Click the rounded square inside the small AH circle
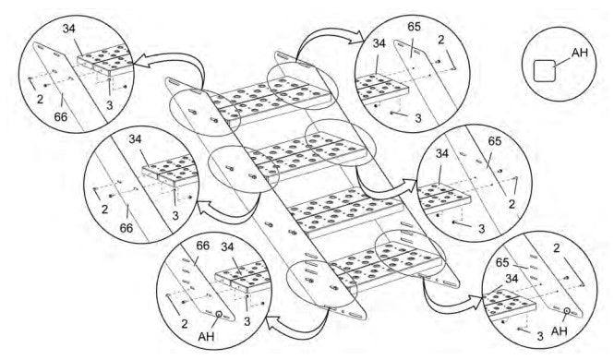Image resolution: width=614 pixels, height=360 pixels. click(545, 71)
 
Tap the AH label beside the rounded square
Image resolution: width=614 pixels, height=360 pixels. click(580, 52)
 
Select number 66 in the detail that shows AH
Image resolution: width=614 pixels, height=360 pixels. click(202, 246)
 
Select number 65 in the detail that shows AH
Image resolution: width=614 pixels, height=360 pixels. click(502, 262)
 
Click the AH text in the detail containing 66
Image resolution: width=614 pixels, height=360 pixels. click(207, 336)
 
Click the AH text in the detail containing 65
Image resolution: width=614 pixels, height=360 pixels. click(560, 331)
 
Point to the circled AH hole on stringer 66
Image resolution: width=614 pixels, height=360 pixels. click(219, 314)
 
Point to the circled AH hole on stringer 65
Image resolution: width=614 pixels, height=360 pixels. click(567, 311)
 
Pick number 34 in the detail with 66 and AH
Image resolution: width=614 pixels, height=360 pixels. click(227, 246)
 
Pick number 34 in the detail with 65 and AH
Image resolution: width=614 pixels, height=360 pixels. click(512, 279)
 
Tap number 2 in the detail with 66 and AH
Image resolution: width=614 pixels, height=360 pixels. click(184, 323)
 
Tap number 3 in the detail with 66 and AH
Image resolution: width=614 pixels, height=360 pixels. click(247, 321)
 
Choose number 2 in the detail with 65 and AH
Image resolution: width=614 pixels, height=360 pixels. click(557, 247)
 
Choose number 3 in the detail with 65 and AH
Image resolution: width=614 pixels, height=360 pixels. click(540, 336)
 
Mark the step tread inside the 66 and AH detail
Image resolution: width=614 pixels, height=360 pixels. click(243, 278)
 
